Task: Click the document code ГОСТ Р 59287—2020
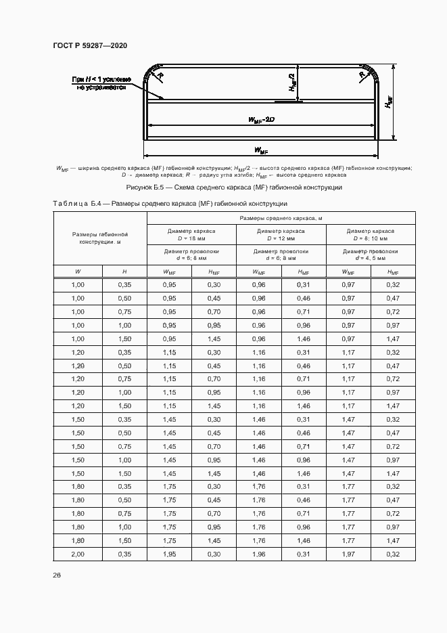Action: [90, 45]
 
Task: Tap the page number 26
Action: [57, 575]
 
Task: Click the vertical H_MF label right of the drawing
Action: [389, 102]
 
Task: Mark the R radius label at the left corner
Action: [161, 77]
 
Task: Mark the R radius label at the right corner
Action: [363, 77]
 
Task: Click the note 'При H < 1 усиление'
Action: [101, 80]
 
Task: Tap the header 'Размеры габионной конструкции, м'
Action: [100, 238]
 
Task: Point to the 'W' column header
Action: [77, 272]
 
